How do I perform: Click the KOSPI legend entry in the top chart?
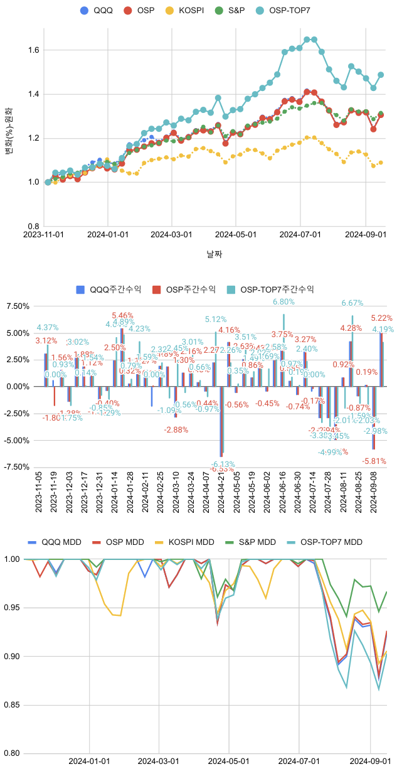pos(189,11)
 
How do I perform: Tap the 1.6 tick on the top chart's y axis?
pos(33,50)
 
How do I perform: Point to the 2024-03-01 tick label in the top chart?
pos(171,235)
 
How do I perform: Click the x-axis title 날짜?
pos(214,254)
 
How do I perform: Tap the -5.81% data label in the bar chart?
pos(374,461)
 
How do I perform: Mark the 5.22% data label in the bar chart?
pos(382,318)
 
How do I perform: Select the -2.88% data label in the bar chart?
pos(176,430)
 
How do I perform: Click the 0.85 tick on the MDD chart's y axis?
pos(11,705)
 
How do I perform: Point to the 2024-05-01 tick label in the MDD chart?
pos(229,760)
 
